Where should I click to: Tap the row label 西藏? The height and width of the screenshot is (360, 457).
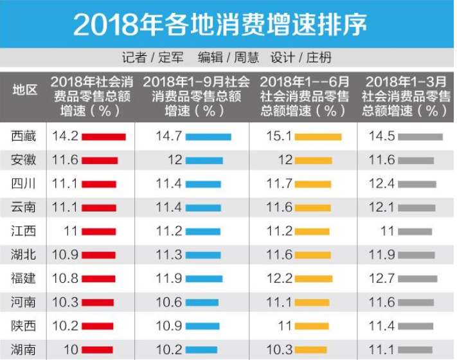[23, 136]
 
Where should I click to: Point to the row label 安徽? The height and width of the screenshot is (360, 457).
[23, 160]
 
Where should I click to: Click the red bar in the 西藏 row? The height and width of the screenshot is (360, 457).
[103, 137]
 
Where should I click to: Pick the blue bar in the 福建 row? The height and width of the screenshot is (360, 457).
[204, 279]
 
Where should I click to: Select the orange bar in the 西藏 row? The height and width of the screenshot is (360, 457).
[318, 137]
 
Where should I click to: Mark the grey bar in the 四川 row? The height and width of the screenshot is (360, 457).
[417, 184]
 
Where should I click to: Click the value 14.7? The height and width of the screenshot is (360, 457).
[169, 136]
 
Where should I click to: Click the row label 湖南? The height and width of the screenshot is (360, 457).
[23, 350]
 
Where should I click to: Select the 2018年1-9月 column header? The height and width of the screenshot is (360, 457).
[196, 96]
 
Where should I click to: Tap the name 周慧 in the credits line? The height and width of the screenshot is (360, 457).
[246, 58]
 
